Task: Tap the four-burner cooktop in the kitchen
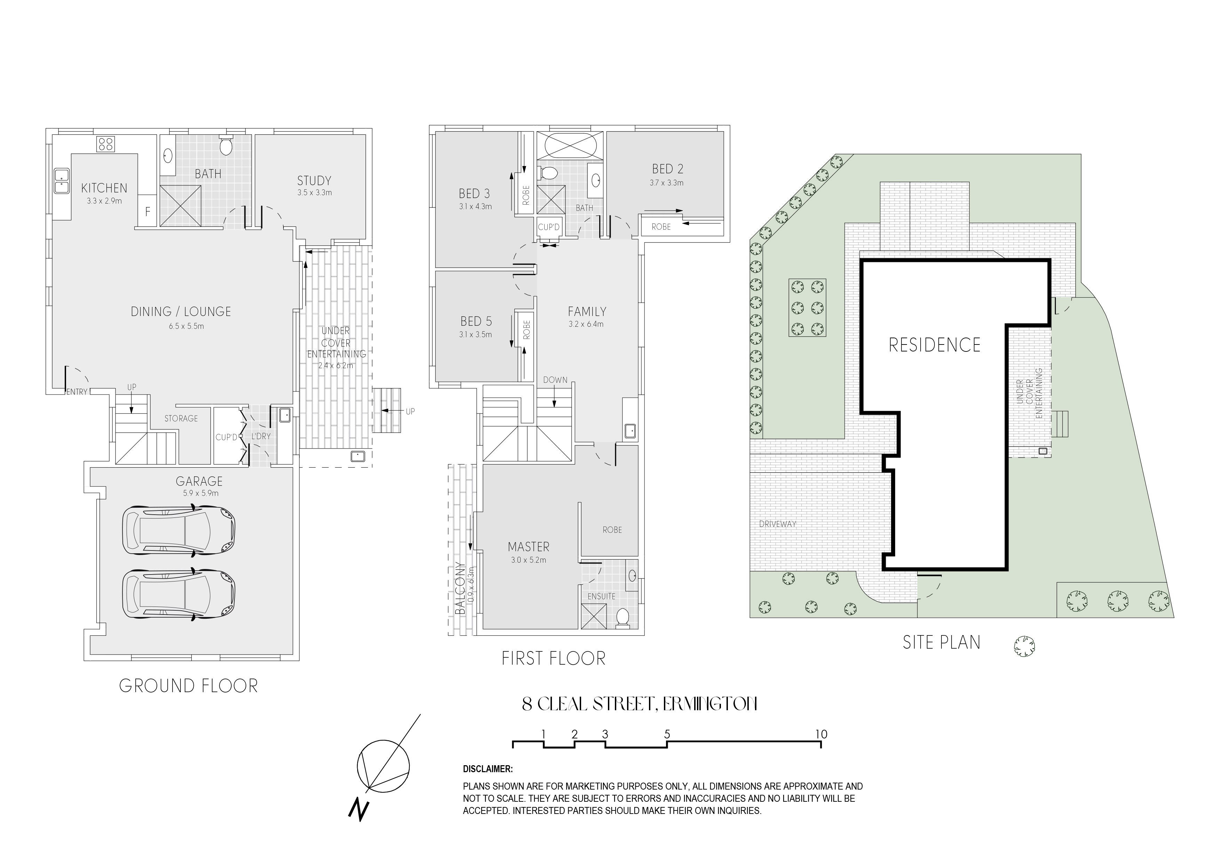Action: (x=105, y=144)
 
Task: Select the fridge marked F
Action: (x=147, y=211)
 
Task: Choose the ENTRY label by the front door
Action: (x=77, y=392)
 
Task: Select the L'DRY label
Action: (x=261, y=436)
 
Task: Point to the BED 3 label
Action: (x=474, y=193)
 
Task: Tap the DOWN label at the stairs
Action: (x=555, y=380)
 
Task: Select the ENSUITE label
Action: (x=602, y=596)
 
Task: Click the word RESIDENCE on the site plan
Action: (x=935, y=345)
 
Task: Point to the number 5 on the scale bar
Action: (x=667, y=734)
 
